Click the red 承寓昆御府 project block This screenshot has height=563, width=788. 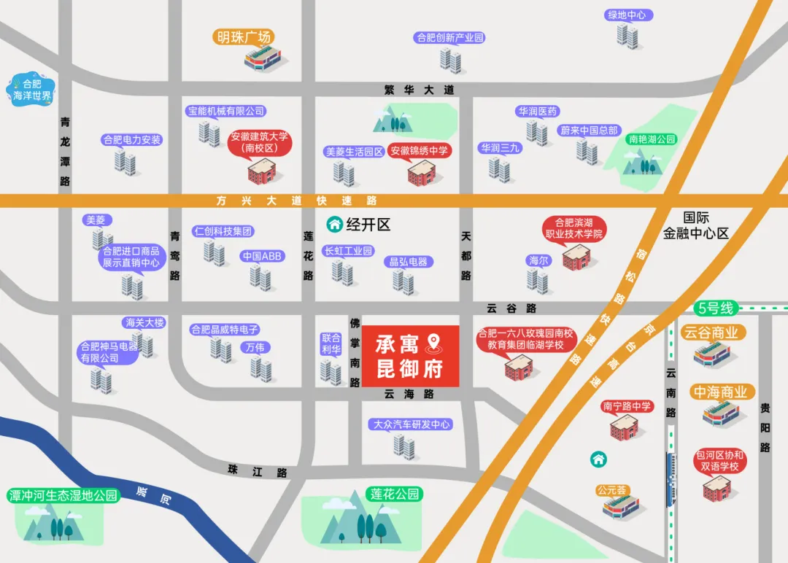[x=410, y=356]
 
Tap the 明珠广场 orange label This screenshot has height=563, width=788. [x=244, y=37]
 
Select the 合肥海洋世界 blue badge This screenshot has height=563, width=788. [x=32, y=90]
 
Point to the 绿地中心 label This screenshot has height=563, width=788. [x=629, y=15]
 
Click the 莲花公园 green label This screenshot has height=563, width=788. [x=395, y=494]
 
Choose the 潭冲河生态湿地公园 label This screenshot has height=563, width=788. [x=63, y=496]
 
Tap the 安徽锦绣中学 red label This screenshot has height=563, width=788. [x=419, y=151]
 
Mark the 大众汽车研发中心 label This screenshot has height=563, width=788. [x=412, y=424]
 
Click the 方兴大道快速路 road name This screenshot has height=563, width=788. [x=296, y=201]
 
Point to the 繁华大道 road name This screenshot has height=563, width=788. [x=420, y=90]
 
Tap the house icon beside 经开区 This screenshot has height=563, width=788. [x=335, y=224]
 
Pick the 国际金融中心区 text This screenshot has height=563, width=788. [x=695, y=225]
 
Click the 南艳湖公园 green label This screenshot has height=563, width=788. [x=652, y=139]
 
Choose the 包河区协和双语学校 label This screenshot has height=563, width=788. [x=720, y=461]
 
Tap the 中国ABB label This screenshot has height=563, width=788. [x=262, y=256]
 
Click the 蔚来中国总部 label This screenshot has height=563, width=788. [x=589, y=131]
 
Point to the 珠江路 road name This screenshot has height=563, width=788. [x=258, y=471]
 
